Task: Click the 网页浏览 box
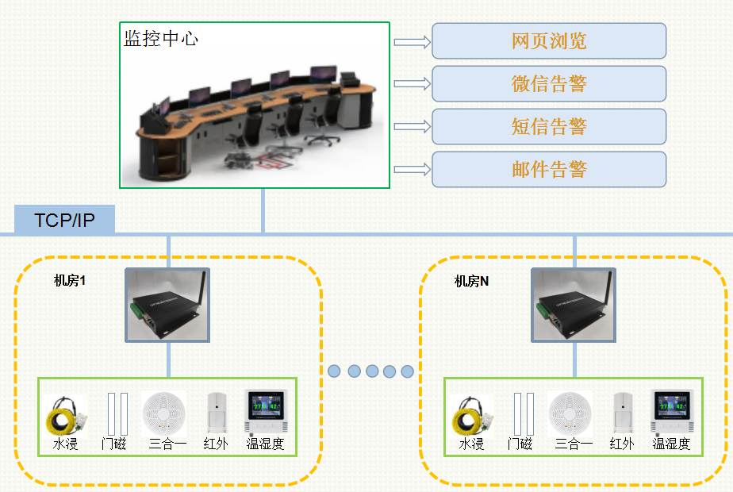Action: click(x=549, y=41)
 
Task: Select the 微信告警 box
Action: click(x=549, y=83)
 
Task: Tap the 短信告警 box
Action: click(x=549, y=126)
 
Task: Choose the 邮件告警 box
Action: click(x=549, y=169)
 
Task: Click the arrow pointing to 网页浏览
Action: click(x=412, y=42)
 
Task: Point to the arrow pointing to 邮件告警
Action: click(x=412, y=169)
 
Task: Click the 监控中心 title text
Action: click(x=161, y=38)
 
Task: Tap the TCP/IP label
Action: click(x=64, y=220)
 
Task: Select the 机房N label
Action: click(x=471, y=281)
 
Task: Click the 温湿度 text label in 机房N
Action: click(x=671, y=444)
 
